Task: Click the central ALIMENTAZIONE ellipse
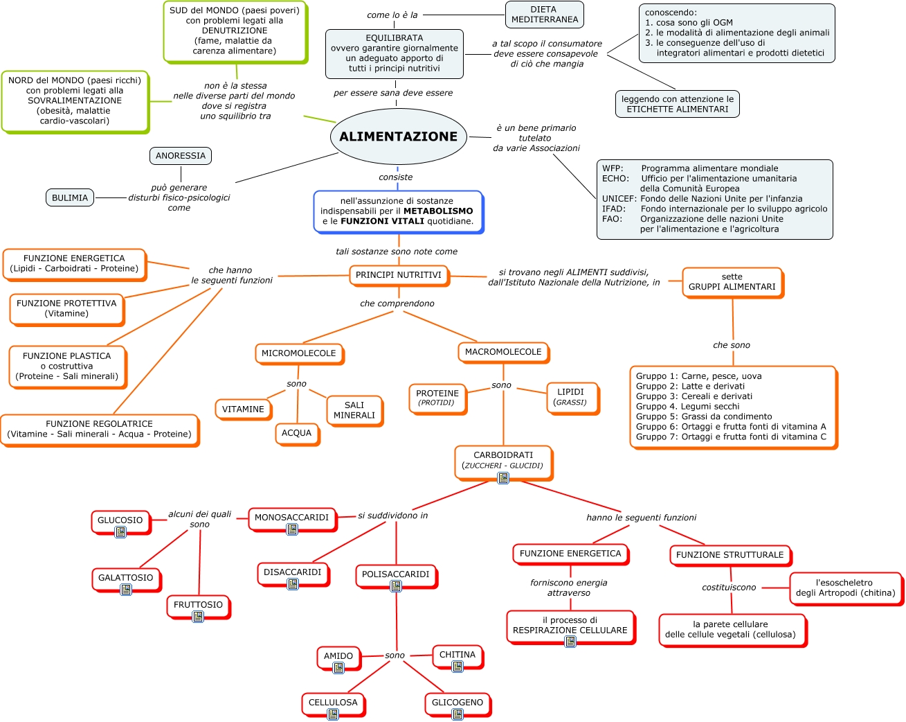tap(398, 137)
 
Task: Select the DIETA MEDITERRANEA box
tap(545, 15)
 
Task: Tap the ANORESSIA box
tap(181, 156)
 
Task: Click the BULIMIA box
tap(70, 198)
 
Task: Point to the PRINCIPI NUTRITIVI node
tap(398, 275)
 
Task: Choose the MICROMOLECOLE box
tap(298, 353)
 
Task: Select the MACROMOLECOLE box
tap(503, 352)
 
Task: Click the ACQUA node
tap(296, 433)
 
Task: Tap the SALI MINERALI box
tap(354, 410)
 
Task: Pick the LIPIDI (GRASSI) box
tap(570, 397)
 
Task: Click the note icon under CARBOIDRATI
tap(503, 478)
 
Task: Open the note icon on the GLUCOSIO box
tap(120, 532)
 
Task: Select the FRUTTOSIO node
tap(198, 605)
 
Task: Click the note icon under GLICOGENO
tap(457, 714)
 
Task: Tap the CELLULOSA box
tap(333, 703)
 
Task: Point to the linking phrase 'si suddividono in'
tap(392, 516)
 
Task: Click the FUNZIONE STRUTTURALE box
tap(730, 555)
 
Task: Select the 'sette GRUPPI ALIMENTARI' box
tap(732, 282)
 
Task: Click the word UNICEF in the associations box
tap(619, 199)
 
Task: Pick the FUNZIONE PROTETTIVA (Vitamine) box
tap(66, 308)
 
